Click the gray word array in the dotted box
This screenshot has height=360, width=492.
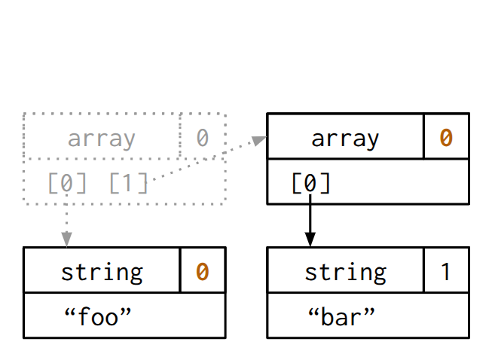[x=102, y=139]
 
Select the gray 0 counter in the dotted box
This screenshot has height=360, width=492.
[x=202, y=138]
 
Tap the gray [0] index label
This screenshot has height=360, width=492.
[x=67, y=182]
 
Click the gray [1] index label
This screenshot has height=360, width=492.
[x=129, y=182]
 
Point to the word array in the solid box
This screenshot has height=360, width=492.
[x=345, y=139]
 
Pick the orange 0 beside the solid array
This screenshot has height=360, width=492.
[x=446, y=138]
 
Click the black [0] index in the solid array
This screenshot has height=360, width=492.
[x=310, y=183]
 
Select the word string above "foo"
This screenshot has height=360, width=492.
[x=102, y=271]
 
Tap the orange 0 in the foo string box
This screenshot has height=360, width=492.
[x=202, y=271]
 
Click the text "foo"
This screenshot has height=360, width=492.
[x=99, y=316]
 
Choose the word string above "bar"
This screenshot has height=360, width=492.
[x=345, y=271]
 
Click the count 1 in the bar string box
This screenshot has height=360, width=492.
[x=446, y=271]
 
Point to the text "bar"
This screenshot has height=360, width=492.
[x=341, y=316]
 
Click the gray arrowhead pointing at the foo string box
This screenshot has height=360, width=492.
[x=67, y=239]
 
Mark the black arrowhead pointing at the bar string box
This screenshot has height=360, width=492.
[x=310, y=239]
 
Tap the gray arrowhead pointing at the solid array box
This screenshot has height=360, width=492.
[x=259, y=140]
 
